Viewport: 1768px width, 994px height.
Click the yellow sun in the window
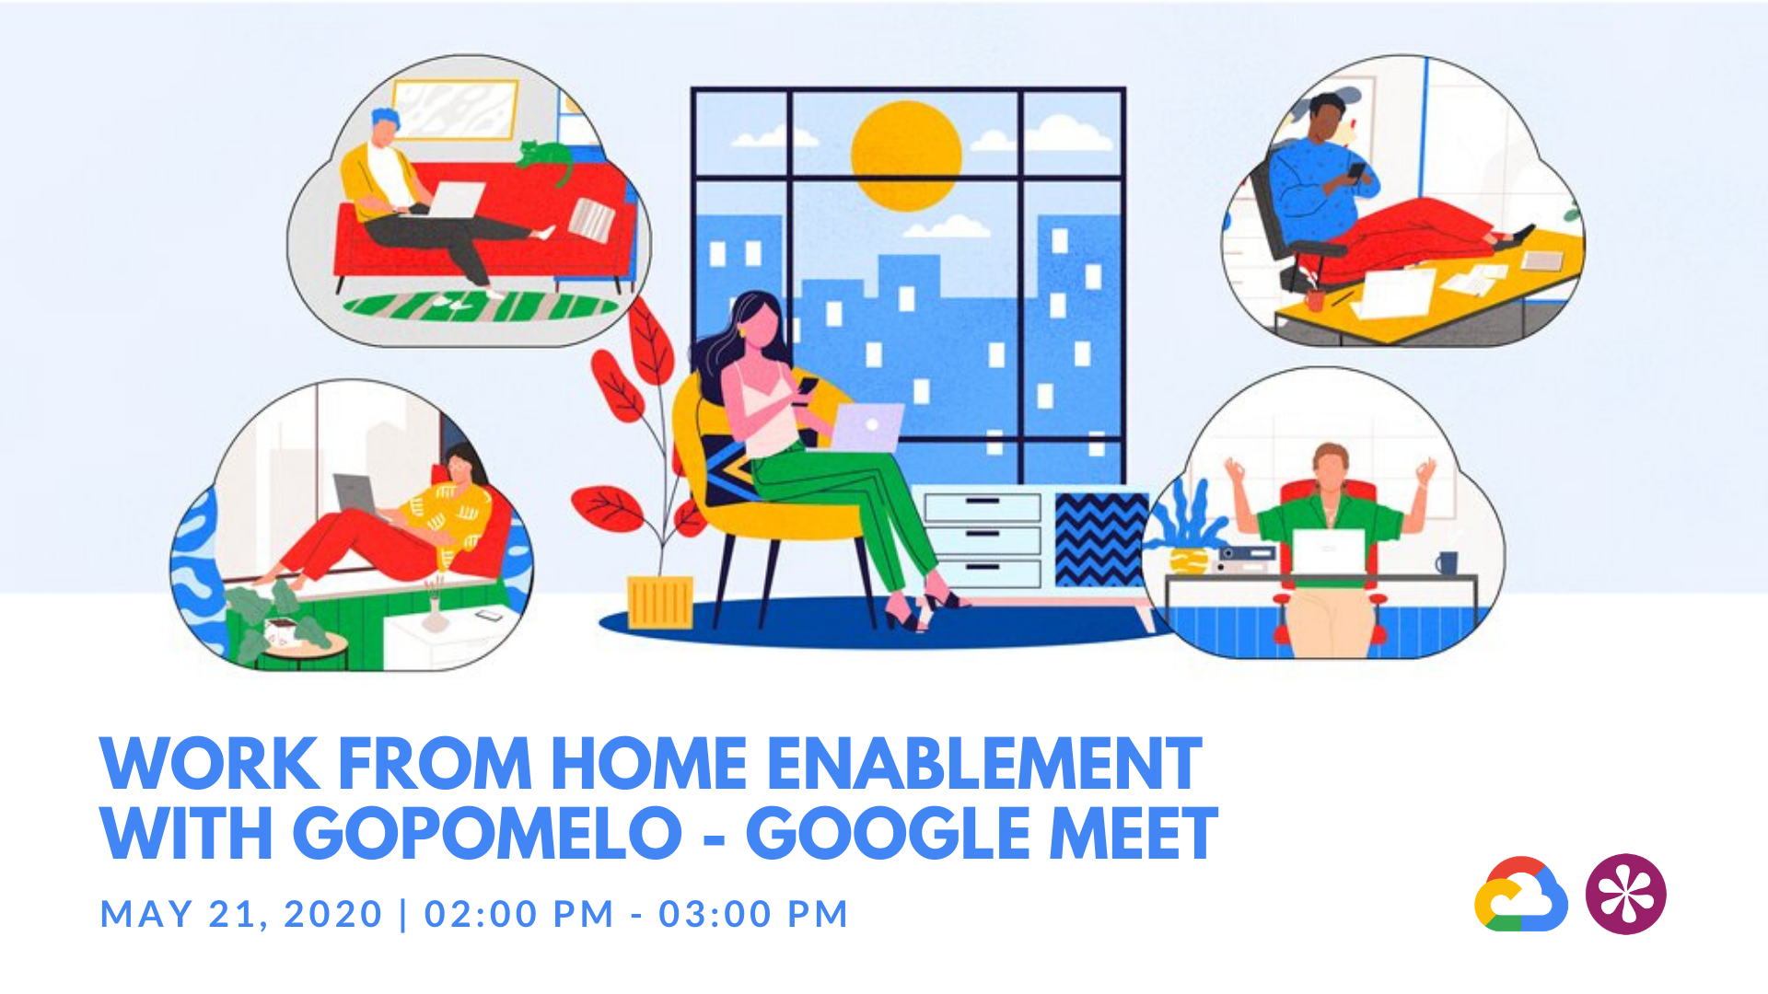906,155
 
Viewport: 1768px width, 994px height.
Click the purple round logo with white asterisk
1625,894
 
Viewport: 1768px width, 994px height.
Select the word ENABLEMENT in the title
983,764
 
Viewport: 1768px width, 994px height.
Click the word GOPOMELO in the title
488,834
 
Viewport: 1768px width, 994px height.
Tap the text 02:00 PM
518,914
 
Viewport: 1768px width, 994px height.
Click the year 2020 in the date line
333,914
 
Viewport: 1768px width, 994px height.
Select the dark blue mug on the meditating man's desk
1447,561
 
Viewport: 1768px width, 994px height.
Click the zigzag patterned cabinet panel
1100,538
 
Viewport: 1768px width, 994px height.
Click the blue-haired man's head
386,125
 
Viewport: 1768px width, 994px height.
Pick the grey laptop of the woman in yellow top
355,494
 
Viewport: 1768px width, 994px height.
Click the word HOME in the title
648,764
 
